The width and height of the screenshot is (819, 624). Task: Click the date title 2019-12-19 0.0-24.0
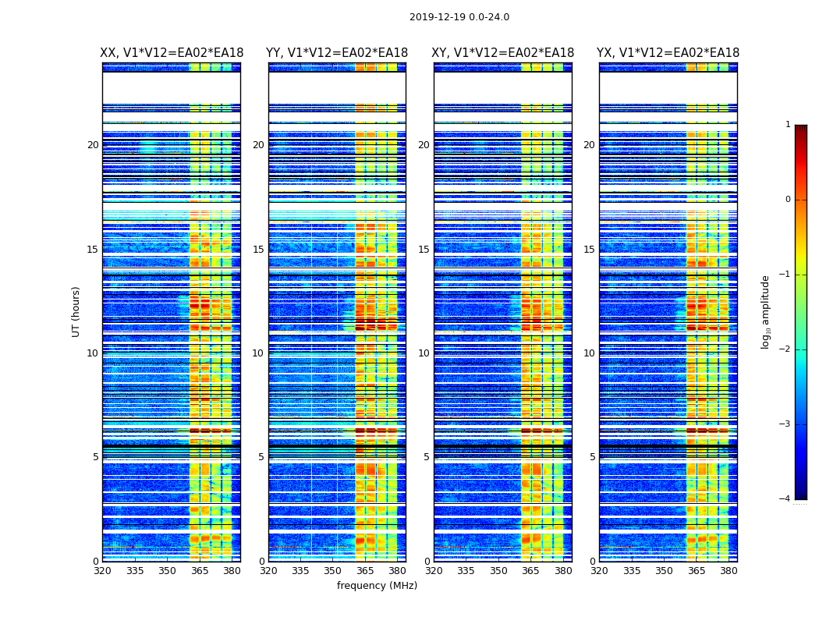pyautogui.click(x=459, y=17)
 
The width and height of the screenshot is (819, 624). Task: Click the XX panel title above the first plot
pyautogui.click(x=172, y=53)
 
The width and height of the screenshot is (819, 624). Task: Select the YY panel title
pyautogui.click(x=337, y=53)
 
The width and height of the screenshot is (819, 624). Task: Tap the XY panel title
pyautogui.click(x=503, y=53)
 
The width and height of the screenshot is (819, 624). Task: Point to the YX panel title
pyautogui.click(x=668, y=53)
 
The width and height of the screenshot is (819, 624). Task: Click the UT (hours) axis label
pyautogui.click(x=76, y=311)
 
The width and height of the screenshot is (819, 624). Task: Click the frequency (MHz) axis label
pyautogui.click(x=377, y=586)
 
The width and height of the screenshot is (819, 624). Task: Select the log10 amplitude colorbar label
pyautogui.click(x=766, y=311)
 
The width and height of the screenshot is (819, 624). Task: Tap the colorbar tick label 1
pyautogui.click(x=787, y=125)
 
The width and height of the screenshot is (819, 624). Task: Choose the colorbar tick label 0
pyautogui.click(x=787, y=200)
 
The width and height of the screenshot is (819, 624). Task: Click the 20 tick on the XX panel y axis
pyautogui.click(x=93, y=145)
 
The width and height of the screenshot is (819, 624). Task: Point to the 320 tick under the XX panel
pyautogui.click(x=102, y=571)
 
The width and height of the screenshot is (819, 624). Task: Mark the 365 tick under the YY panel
pyautogui.click(x=365, y=571)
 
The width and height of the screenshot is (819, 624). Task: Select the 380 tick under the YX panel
pyautogui.click(x=729, y=571)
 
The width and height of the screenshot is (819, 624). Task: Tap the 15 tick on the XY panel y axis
pyautogui.click(x=424, y=250)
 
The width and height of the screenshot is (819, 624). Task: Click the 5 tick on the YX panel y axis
pyautogui.click(x=593, y=457)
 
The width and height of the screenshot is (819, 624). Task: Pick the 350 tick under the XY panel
pyautogui.click(x=498, y=571)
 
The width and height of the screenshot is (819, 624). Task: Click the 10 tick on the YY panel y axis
pyautogui.click(x=258, y=353)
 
